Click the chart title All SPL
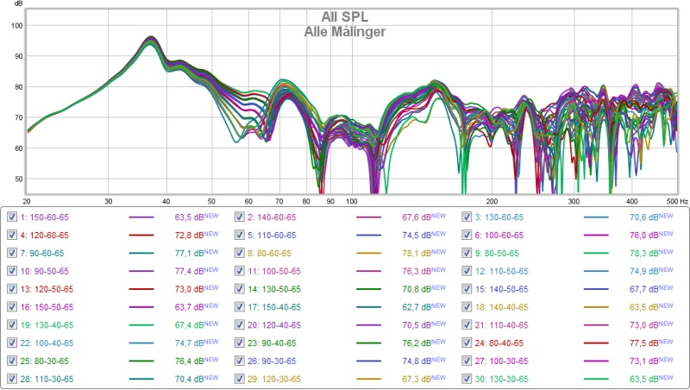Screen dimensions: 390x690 pyautogui.click(x=344, y=18)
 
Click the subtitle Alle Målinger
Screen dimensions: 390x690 pyautogui.click(x=344, y=32)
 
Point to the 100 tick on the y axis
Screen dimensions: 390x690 pyautogui.click(x=16, y=25)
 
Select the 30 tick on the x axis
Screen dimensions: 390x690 pyautogui.click(x=109, y=200)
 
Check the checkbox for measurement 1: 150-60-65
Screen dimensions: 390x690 pyautogui.click(x=11, y=217)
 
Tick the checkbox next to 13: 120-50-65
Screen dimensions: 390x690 pyautogui.click(x=11, y=287)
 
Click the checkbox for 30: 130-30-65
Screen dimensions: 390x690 pyautogui.click(x=467, y=378)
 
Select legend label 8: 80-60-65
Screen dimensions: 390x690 pyautogui.click(x=272, y=254)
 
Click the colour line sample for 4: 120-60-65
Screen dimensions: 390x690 pyautogui.click(x=141, y=236)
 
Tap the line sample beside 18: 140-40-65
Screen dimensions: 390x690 pyautogui.click(x=596, y=305)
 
